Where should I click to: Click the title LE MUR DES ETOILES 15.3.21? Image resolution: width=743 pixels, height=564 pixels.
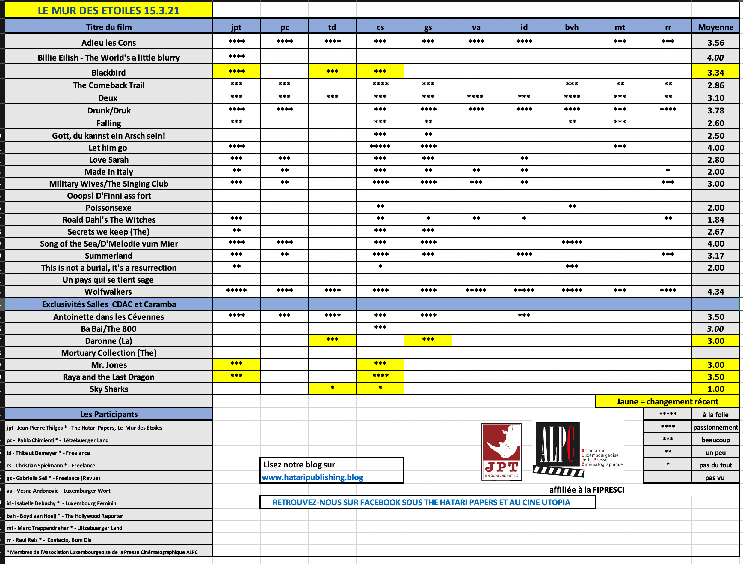[108, 10]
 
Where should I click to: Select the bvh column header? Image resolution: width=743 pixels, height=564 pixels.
[572, 27]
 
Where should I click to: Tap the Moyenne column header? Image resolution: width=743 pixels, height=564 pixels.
[715, 27]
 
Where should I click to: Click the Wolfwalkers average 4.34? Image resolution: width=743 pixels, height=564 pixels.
[715, 292]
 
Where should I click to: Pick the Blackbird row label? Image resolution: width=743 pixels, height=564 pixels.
[108, 73]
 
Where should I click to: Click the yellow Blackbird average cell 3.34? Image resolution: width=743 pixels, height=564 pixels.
[715, 73]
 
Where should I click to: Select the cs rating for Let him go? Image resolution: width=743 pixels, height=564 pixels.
[380, 147]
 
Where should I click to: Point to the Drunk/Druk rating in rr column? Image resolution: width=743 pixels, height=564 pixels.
[668, 109]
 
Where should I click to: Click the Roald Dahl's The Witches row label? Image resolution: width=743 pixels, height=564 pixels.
[109, 220]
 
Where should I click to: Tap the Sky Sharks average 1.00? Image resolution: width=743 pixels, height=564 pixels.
[715, 389]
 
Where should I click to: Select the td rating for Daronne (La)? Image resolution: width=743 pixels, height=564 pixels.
[332, 340]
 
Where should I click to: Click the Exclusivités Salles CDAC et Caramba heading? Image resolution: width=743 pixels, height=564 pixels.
[109, 304]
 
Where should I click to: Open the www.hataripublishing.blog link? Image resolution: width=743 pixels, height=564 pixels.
[312, 477]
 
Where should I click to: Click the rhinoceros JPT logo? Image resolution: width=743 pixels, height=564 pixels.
[501, 452]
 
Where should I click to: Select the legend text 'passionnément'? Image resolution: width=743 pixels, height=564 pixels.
[715, 427]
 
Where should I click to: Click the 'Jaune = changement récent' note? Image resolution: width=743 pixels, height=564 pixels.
[667, 401]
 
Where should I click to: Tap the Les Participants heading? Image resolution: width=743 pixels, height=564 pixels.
[109, 414]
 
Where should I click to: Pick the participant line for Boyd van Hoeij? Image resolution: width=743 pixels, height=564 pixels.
[65, 516]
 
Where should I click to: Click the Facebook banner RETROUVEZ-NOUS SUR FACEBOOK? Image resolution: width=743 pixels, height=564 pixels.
[421, 502]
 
